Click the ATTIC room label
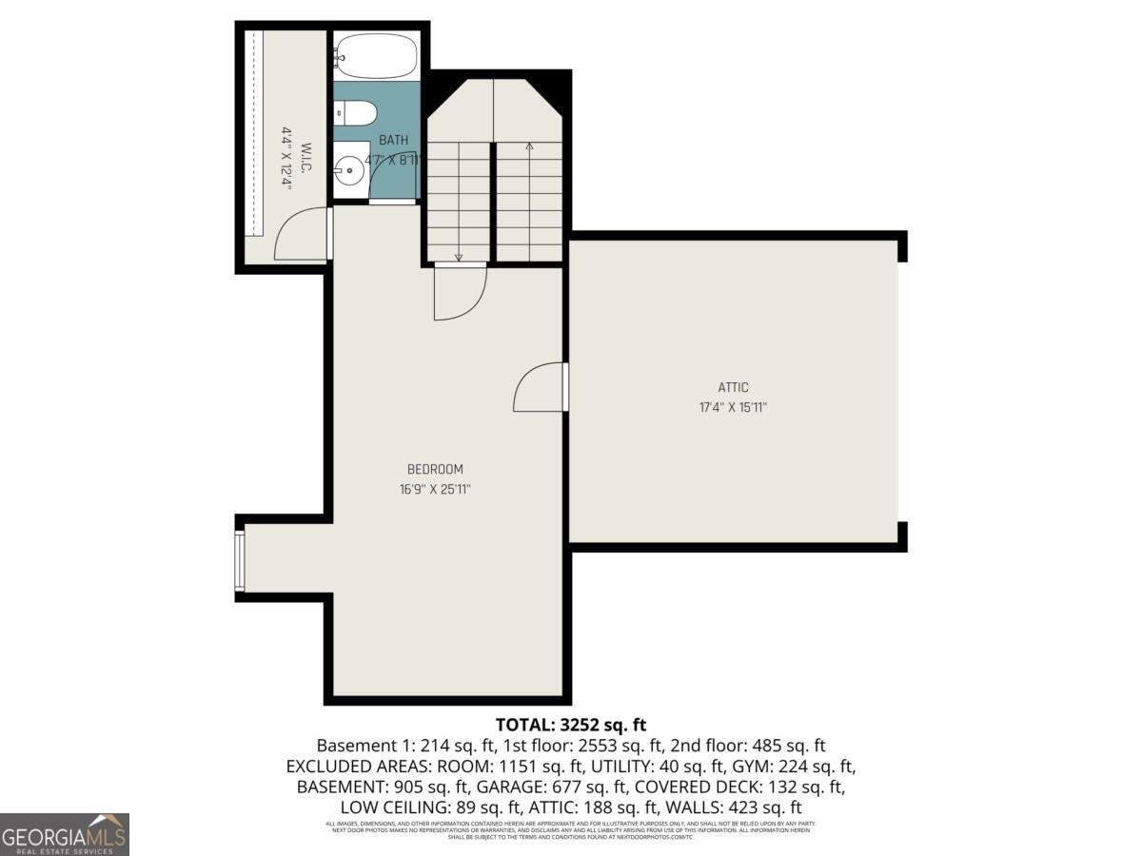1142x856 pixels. click(x=733, y=387)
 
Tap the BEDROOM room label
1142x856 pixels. click(x=435, y=469)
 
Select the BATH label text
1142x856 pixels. click(x=394, y=141)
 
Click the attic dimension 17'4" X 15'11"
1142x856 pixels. click(x=733, y=407)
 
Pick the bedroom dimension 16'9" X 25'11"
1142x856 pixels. click(x=435, y=489)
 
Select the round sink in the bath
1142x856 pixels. click(x=349, y=173)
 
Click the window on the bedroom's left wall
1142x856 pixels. click(x=240, y=560)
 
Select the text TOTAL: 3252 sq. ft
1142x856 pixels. click(x=571, y=725)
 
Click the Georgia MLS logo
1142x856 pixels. click(x=65, y=834)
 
